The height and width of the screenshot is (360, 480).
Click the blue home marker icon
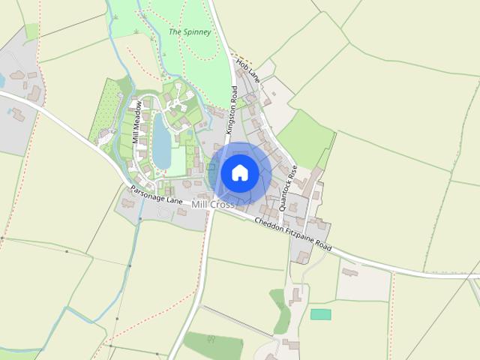click(x=239, y=172)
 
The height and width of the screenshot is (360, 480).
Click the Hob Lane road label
click(x=247, y=70)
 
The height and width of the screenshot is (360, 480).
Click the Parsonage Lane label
click(x=156, y=196)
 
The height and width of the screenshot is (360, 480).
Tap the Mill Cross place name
click(x=214, y=204)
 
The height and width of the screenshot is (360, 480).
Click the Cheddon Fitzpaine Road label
click(x=292, y=235)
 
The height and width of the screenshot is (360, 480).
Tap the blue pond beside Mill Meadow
click(x=161, y=142)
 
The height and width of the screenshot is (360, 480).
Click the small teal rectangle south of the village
click(x=321, y=314)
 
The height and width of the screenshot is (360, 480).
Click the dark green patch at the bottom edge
click(x=213, y=345)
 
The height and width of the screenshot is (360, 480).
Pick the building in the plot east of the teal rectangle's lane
click(x=349, y=271)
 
